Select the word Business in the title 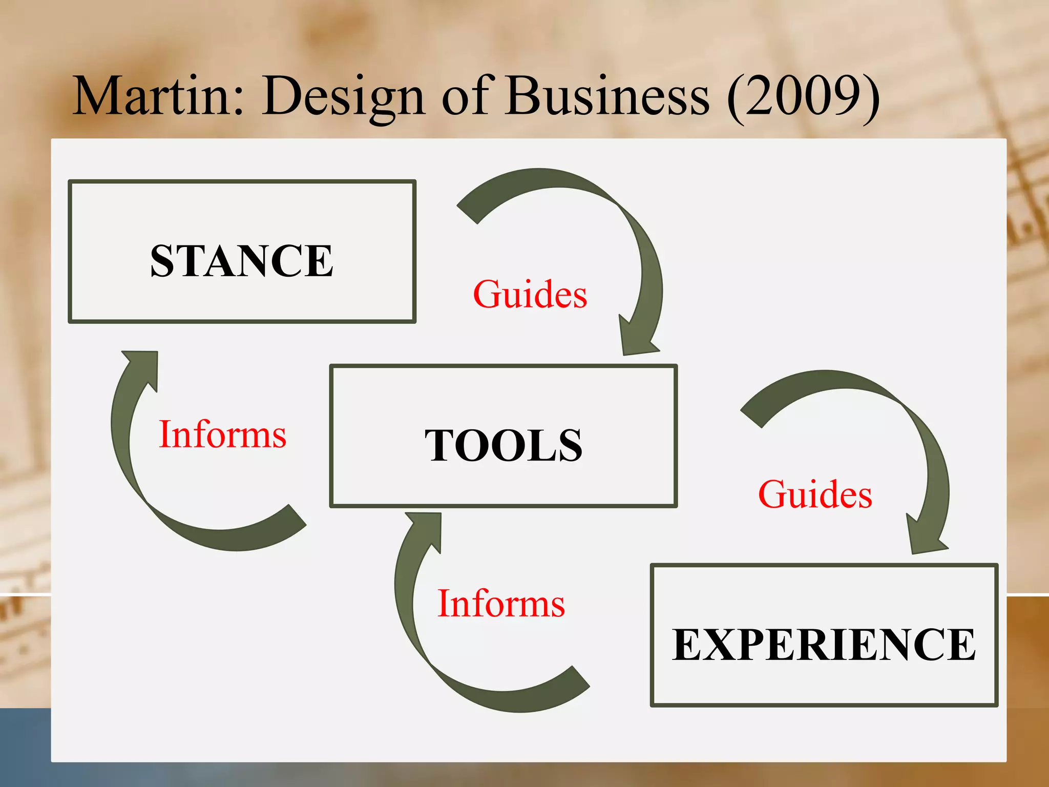607,96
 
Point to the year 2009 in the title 803,96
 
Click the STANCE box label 242,261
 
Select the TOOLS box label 503,445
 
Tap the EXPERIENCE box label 824,645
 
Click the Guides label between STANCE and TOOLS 530,295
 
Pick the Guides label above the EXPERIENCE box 815,494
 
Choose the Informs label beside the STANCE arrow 222,434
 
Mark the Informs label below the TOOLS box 501,604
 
